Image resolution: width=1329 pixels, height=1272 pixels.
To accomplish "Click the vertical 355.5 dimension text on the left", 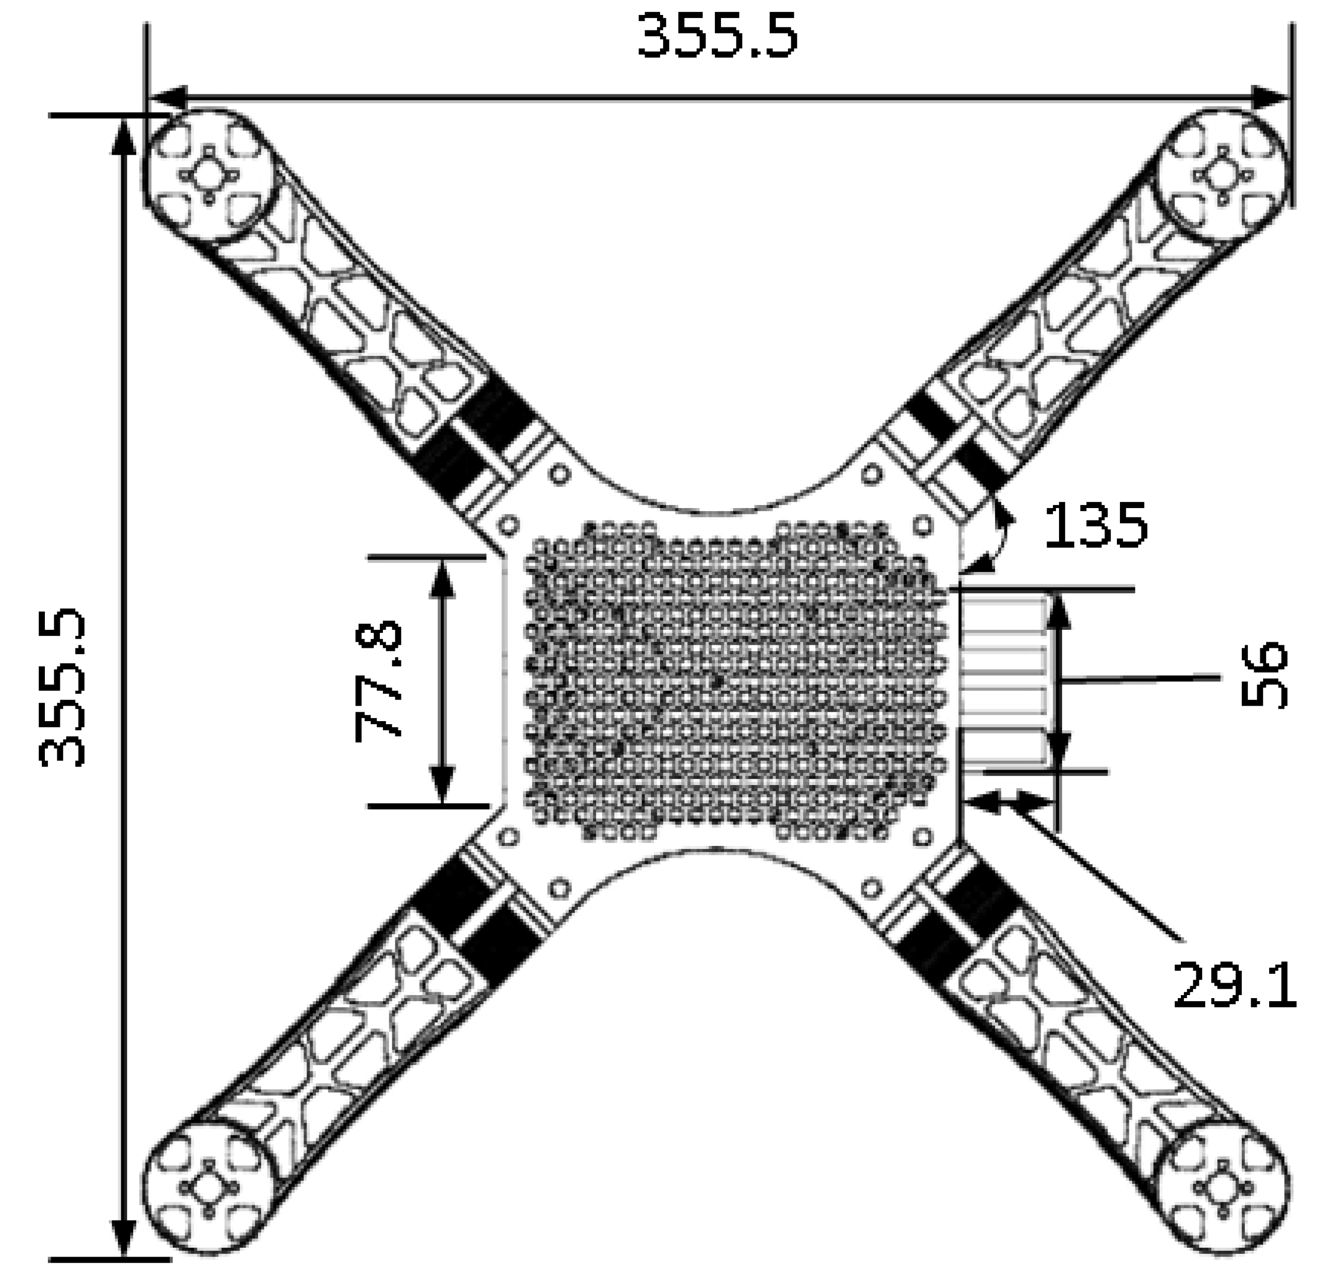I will click(x=62, y=687).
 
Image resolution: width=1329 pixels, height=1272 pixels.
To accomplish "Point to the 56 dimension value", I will click(x=1263, y=676).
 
